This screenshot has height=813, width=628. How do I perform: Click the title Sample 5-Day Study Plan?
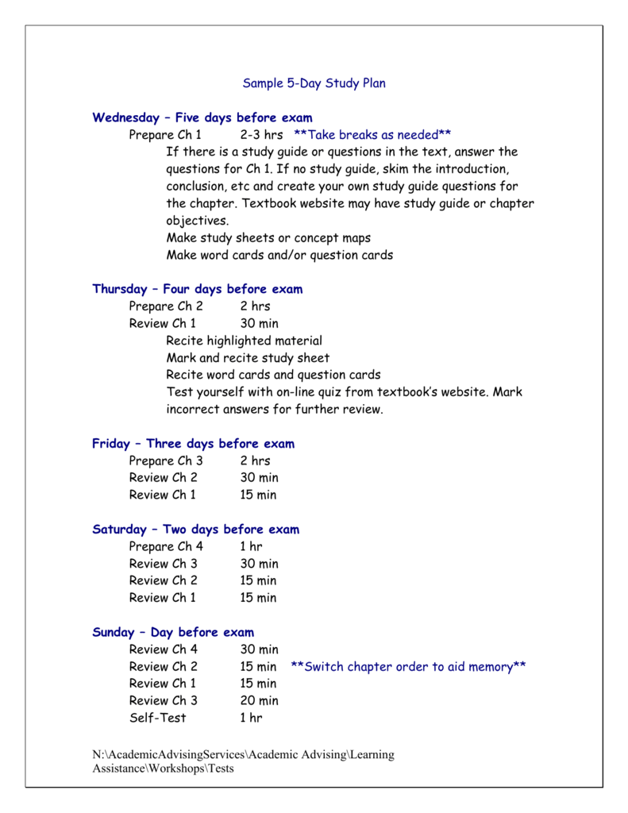pos(314,83)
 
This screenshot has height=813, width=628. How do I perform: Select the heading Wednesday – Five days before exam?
pos(202,118)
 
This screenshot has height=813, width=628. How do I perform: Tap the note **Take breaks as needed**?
pos(372,135)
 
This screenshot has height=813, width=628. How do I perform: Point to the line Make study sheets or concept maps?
pos(268,238)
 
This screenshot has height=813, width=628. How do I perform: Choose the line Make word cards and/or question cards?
pos(279,256)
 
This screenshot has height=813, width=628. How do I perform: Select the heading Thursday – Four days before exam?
pos(198,289)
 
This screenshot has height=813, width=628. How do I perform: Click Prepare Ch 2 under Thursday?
pos(166,306)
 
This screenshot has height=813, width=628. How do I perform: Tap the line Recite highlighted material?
pos(244,341)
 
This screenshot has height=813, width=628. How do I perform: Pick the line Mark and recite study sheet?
pos(248,358)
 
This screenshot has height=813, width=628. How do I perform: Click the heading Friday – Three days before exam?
pos(193,444)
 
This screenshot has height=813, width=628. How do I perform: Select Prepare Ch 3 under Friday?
pos(166,461)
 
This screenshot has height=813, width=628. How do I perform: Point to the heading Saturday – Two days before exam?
pos(196,530)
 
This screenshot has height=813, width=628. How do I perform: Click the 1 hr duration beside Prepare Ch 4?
pos(251,547)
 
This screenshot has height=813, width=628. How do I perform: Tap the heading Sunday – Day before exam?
pos(173,633)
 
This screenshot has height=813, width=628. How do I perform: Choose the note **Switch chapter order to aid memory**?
pos(409,667)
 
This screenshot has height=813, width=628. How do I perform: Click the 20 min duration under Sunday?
pos(259,701)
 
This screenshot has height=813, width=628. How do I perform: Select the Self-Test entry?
pos(158,718)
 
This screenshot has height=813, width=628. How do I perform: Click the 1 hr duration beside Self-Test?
pos(251,718)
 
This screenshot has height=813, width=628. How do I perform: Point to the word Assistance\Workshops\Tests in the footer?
pos(164,769)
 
